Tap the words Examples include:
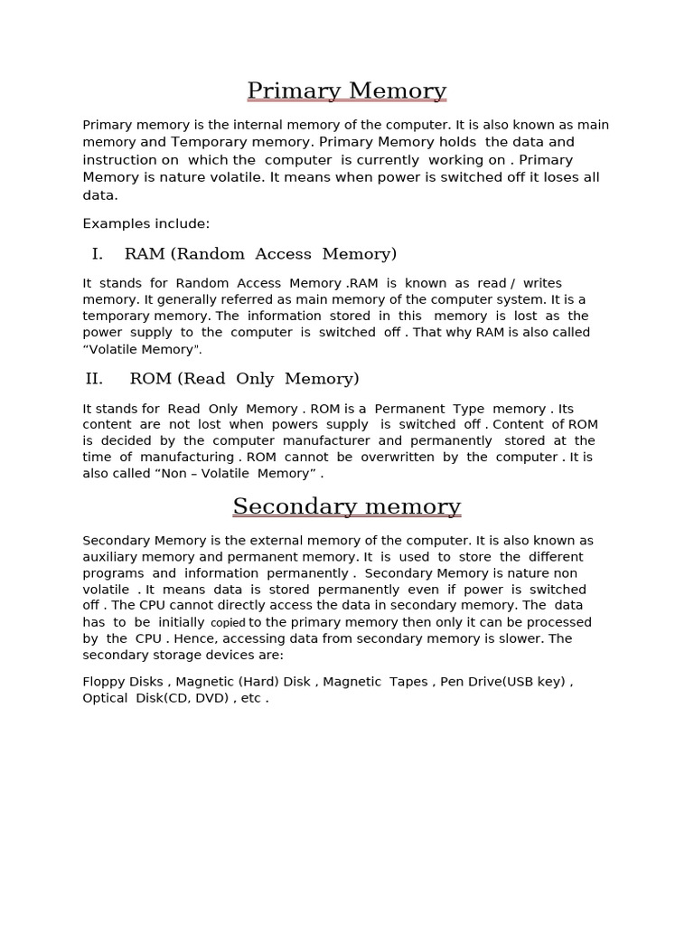[145, 223]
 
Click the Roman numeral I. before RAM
[98, 254]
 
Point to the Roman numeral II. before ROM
[94, 379]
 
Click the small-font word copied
[228, 623]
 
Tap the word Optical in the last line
[105, 698]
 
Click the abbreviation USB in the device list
[525, 682]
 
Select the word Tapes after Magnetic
[408, 682]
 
